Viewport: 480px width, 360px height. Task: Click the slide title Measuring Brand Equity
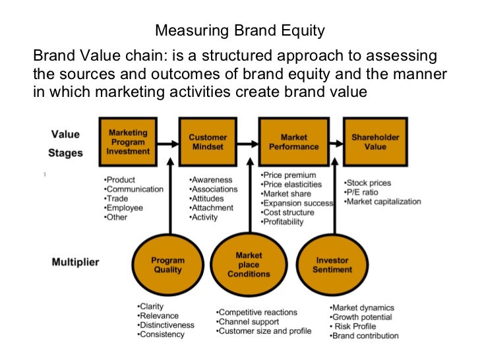coord(239,31)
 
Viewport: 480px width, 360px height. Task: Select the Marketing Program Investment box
coord(128,142)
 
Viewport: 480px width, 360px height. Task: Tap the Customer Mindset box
coord(208,142)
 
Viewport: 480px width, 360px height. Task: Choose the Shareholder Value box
coord(375,142)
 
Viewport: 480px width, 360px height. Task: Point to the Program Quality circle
coord(167,265)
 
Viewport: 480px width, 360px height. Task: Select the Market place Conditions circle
coord(249,264)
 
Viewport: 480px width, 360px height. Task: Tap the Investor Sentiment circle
coord(332,265)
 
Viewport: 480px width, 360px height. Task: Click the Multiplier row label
coord(75,262)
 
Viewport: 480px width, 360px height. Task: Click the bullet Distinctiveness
coord(165,325)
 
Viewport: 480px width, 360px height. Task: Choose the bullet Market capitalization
coord(383,201)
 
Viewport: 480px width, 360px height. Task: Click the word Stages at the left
coord(65,153)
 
